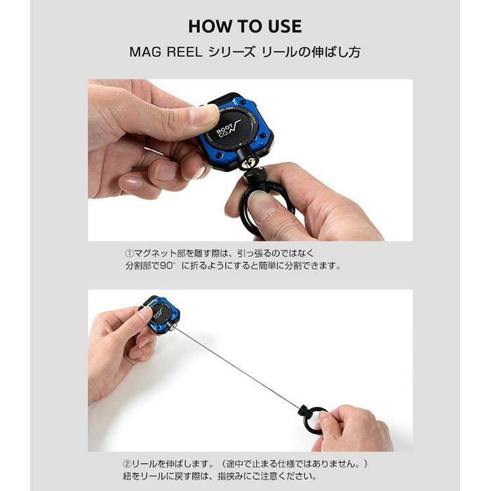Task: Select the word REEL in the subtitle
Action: (184, 52)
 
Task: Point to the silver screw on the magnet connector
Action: (247, 163)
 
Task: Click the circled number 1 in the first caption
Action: (129, 253)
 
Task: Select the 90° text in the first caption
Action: (168, 266)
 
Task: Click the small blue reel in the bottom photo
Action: (161, 314)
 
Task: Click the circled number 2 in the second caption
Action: (126, 463)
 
